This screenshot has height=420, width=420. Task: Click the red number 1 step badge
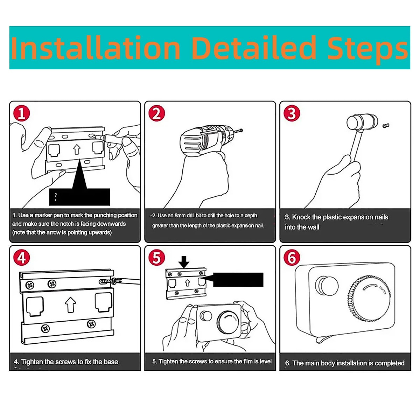click(22, 113)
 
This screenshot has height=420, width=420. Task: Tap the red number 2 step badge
click(157, 113)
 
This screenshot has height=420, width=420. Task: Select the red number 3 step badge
click(292, 113)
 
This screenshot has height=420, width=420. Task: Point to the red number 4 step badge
click(22, 258)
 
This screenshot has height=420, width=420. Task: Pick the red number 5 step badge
click(157, 258)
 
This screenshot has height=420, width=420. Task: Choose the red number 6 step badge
click(292, 258)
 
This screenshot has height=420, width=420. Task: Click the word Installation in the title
click(96, 48)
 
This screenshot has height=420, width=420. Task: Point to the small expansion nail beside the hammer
click(386, 125)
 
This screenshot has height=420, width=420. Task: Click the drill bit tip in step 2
click(241, 130)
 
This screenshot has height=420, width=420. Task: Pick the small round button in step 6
click(327, 286)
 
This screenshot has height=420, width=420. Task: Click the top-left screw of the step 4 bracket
click(30, 285)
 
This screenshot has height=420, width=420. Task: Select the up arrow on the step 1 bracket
click(77, 149)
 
